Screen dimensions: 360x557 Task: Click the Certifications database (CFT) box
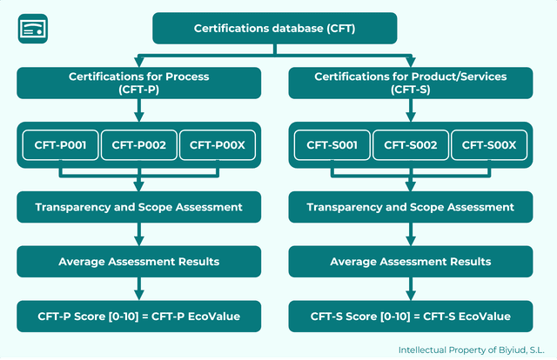[275, 29]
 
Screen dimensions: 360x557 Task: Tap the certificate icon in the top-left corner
[32, 29]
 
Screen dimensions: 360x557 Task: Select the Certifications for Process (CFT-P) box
[139, 83]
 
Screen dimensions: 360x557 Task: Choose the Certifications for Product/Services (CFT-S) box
[410, 83]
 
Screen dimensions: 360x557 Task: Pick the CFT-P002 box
[139, 145]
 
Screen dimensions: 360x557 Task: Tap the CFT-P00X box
[217, 145]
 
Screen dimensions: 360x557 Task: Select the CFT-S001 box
[332, 145]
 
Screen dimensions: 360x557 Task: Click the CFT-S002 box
[411, 145]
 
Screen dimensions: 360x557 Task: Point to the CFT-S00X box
[488, 145]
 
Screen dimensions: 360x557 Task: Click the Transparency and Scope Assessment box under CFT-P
[139, 207]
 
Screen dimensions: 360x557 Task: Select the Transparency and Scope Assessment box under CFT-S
[410, 207]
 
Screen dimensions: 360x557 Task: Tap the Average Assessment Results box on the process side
[139, 261]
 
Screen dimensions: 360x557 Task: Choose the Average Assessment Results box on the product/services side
[410, 261]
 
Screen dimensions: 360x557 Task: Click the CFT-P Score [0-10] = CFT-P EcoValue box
[139, 316]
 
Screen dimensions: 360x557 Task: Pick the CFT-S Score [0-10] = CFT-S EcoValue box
[410, 316]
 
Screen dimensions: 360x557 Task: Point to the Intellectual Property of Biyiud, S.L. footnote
[471, 350]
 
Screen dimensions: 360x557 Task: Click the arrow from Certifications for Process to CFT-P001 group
[139, 110]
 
